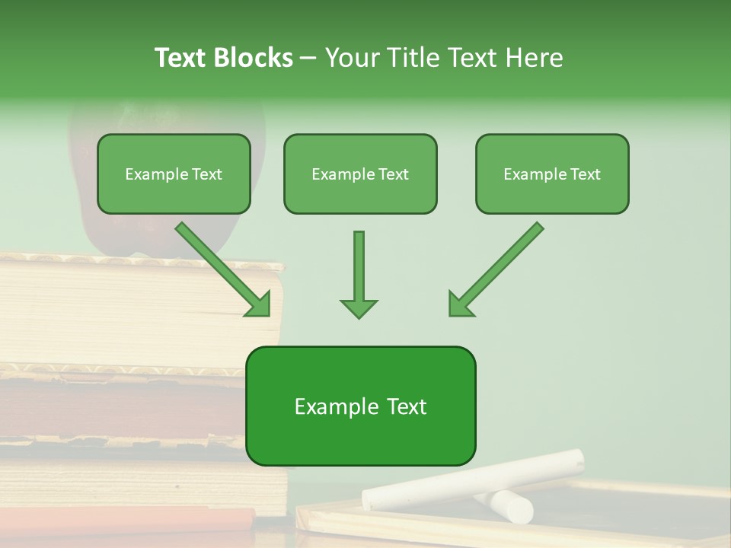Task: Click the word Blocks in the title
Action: [x=255, y=58]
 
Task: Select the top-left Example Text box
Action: [x=174, y=174]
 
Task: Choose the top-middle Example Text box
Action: [x=360, y=174]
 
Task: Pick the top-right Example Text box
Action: [x=552, y=174]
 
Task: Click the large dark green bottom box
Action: [x=360, y=434]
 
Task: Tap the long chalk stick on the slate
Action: [x=472, y=479]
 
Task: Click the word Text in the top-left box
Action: [x=206, y=174]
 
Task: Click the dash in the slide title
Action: [x=308, y=58]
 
